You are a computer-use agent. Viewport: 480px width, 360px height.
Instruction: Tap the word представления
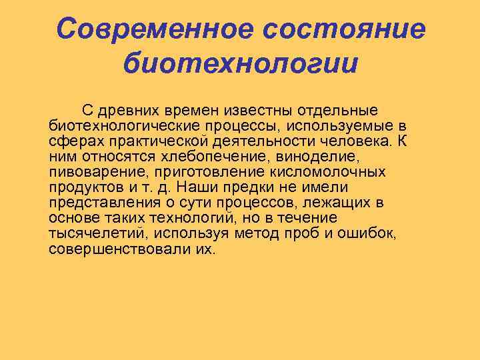(x=104, y=203)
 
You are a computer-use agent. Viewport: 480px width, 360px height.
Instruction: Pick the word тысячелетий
(x=100, y=234)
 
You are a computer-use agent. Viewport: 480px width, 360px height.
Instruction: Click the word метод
(x=259, y=234)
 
